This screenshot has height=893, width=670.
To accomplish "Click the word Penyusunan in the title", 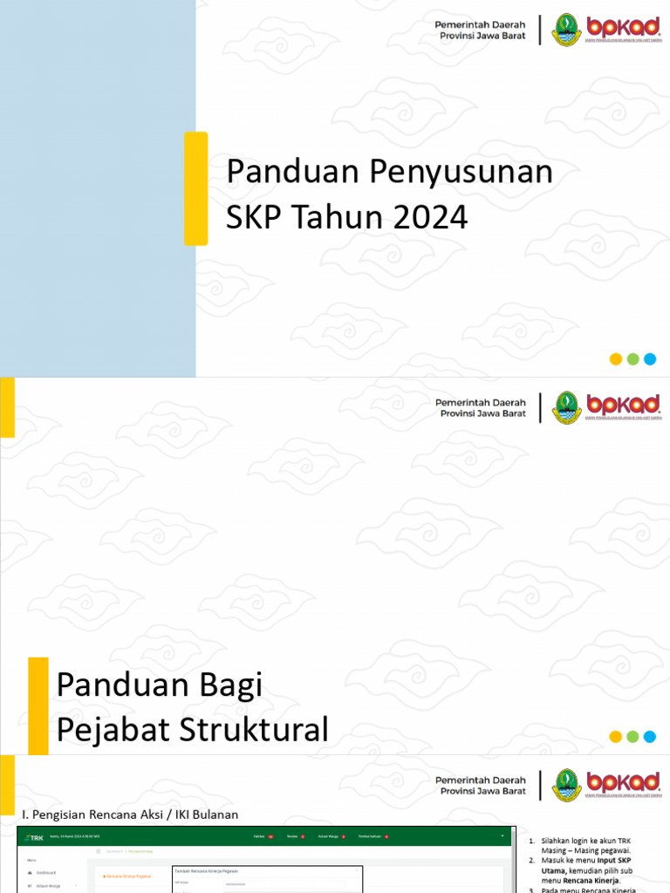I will point(461,172).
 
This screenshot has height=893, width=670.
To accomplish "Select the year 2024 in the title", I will point(430,217).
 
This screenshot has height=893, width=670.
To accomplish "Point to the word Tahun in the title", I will point(339,217).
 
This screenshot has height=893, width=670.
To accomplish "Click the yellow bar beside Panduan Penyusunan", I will point(195,188).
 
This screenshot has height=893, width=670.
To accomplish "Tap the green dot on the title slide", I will point(633,359).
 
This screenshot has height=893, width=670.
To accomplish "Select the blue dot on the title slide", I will point(650,359).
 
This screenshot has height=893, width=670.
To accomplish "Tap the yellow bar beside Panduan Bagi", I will point(38,706).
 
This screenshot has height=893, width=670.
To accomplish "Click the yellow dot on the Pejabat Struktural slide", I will point(616,737).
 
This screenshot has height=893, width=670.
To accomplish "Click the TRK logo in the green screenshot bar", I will point(35,837).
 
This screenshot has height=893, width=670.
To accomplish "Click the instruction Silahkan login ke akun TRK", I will point(585,840).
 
